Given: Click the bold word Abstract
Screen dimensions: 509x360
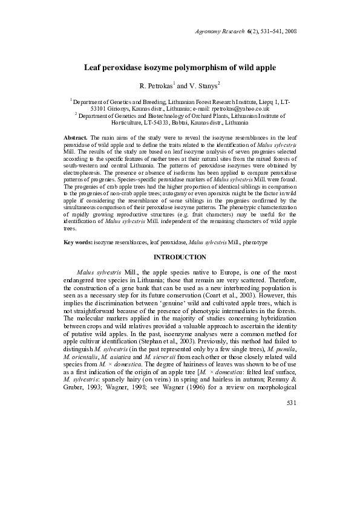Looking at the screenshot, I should [76, 138].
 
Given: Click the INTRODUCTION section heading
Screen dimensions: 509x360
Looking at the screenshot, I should [180, 258].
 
